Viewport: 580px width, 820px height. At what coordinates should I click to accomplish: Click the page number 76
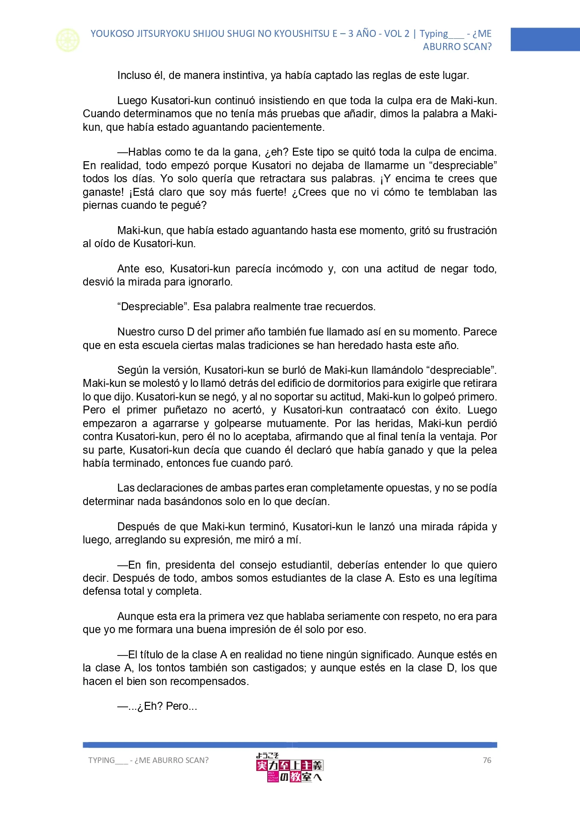coord(487,760)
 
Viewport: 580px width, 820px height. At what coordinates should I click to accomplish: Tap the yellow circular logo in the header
coord(68,40)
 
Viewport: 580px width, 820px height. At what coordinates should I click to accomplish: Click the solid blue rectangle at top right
coord(545,39)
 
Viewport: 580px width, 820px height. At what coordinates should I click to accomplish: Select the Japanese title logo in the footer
coord(289,768)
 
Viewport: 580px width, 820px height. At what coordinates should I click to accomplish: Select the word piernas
coord(99,206)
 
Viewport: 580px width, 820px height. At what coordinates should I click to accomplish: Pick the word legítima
coord(477,578)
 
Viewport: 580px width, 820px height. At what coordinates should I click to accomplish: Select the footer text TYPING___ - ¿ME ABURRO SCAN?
coord(148,760)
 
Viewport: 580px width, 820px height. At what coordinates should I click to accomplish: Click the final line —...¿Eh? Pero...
coord(157,706)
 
